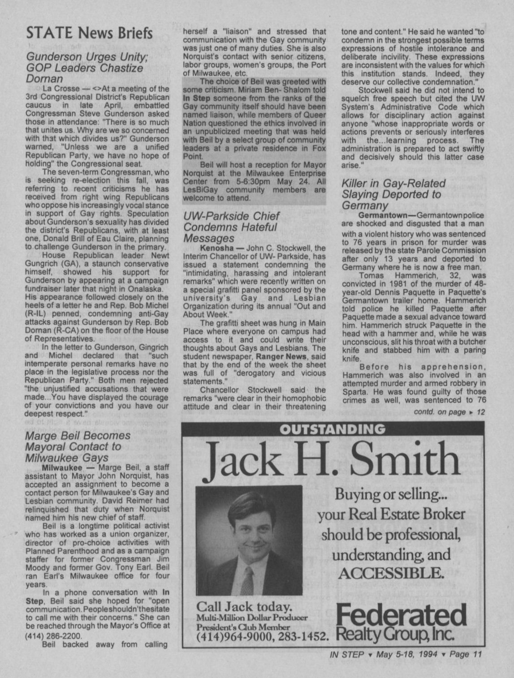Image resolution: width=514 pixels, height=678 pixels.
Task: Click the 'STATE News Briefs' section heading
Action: [90, 33]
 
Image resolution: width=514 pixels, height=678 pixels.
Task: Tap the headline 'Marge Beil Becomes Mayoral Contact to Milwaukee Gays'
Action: [78, 446]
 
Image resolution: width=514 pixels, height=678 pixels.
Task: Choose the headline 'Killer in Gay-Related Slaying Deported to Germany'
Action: [393, 194]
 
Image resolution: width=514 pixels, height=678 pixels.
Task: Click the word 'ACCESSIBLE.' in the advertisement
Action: [392, 573]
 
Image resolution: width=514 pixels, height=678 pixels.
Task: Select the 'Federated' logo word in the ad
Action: [401, 616]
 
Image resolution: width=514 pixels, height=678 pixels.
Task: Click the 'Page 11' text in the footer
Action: [466, 654]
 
